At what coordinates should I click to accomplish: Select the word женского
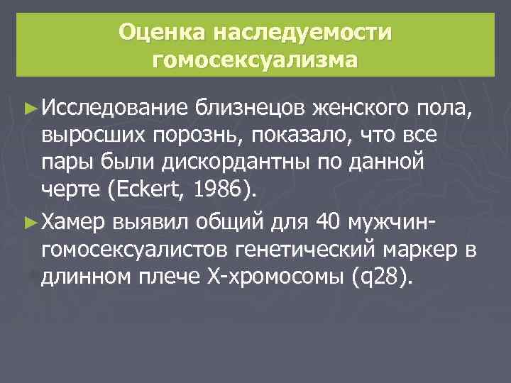[359, 109]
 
